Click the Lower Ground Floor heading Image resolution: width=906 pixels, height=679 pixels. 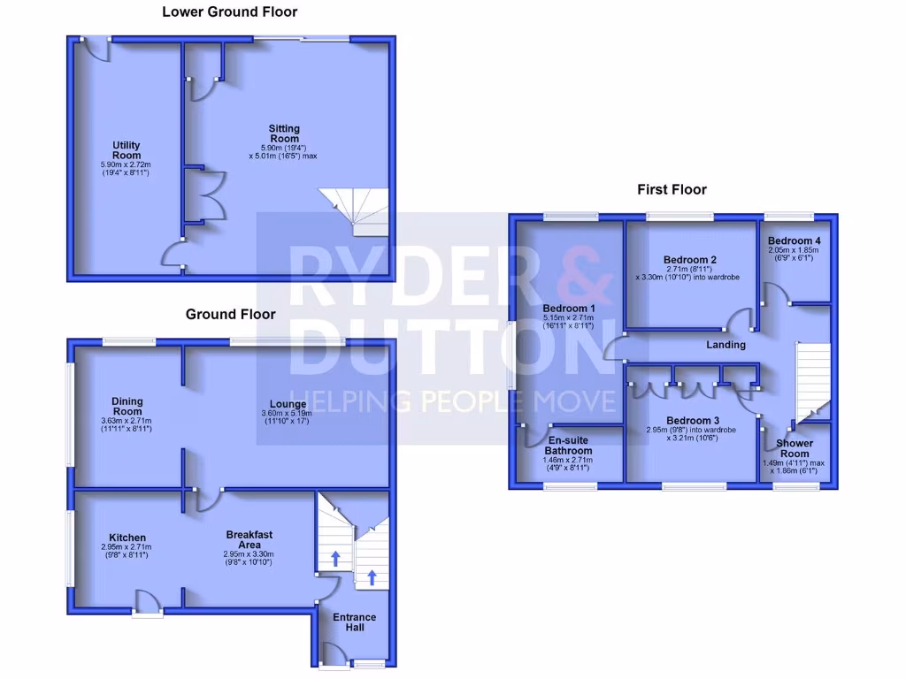click(x=229, y=12)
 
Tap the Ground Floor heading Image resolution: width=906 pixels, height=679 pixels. click(x=230, y=314)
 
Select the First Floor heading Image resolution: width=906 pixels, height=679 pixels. click(x=672, y=189)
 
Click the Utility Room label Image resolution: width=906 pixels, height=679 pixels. click(x=127, y=150)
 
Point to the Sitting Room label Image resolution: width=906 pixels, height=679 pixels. click(x=284, y=134)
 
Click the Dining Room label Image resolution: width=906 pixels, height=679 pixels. click(x=127, y=407)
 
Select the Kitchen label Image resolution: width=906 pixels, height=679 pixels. click(x=127, y=538)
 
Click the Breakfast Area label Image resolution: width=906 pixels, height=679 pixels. click(x=249, y=539)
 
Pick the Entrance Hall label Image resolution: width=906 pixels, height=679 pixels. click(x=355, y=622)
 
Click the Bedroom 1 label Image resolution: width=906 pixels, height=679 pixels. click(x=568, y=309)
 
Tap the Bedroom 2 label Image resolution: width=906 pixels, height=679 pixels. click(x=689, y=260)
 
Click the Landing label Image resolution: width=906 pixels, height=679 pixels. click(x=726, y=345)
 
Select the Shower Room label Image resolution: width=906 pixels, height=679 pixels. click(x=795, y=448)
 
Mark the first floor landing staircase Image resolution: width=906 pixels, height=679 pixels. click(x=812, y=380)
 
